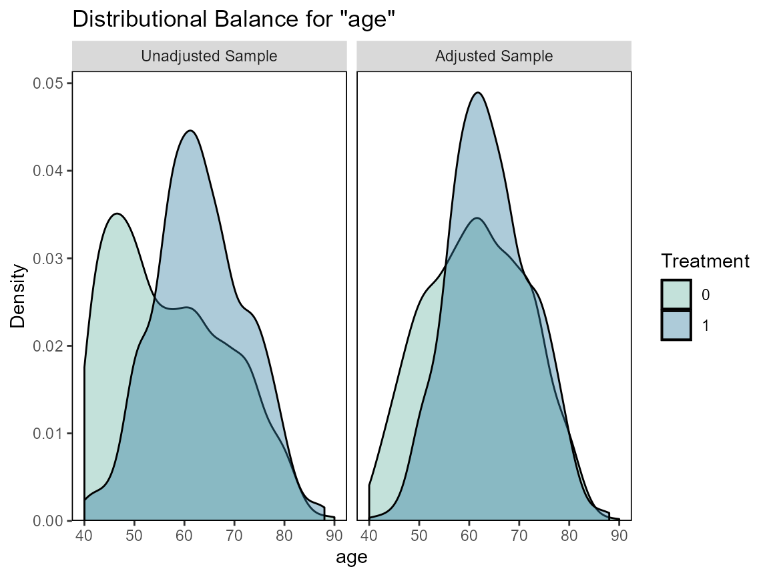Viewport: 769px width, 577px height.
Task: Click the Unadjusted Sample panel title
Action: point(209,57)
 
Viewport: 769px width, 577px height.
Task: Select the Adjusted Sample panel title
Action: point(494,57)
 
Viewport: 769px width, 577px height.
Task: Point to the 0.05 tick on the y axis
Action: point(47,83)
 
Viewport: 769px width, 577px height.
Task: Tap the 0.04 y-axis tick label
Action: point(47,171)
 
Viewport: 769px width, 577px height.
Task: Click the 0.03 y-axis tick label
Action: point(47,258)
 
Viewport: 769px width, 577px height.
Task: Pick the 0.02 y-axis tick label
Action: point(47,346)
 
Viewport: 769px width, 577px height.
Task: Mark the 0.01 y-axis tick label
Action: point(47,434)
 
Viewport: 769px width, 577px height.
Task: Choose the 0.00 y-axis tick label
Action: point(47,520)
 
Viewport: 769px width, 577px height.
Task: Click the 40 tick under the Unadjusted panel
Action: point(84,535)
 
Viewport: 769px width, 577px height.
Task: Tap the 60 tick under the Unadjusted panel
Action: point(184,535)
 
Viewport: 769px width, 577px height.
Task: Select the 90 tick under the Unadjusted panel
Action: point(334,535)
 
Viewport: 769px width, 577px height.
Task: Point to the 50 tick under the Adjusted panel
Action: point(419,535)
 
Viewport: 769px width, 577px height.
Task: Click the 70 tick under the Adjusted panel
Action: point(519,535)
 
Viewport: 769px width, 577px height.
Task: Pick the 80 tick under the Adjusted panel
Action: point(569,535)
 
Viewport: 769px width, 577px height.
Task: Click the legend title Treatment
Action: point(705,261)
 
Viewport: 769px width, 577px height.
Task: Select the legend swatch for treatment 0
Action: point(676,294)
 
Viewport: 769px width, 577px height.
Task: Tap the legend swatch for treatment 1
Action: point(676,325)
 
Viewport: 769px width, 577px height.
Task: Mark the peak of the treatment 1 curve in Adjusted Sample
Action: point(478,93)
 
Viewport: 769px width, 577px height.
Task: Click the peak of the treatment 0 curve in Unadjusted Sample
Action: point(117,213)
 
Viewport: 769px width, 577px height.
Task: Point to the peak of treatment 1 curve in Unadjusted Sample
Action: point(190,131)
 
